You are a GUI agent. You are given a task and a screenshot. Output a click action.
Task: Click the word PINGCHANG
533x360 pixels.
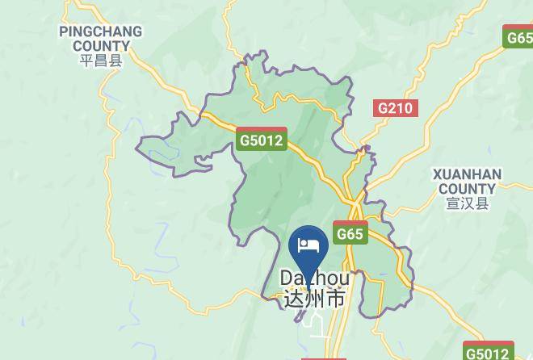pyautogui.click(x=101, y=32)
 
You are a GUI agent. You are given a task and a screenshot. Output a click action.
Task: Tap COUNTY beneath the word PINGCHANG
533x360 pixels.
pyautogui.click(x=101, y=46)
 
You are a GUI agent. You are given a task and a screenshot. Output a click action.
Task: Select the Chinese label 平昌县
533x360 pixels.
pyautogui.click(x=101, y=61)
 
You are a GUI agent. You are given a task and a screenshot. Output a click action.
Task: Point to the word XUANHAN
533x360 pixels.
pyautogui.click(x=467, y=174)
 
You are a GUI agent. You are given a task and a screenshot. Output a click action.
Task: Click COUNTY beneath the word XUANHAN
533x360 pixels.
pyautogui.click(x=467, y=189)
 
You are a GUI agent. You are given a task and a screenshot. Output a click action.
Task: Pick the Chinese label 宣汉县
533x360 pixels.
pyautogui.click(x=468, y=203)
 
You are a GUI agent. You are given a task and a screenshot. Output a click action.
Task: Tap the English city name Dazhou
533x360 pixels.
pyautogui.click(x=315, y=278)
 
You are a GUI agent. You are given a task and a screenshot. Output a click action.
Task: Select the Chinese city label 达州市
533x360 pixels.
pyautogui.click(x=315, y=298)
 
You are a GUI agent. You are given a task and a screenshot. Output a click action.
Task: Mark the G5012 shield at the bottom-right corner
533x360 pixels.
pyautogui.click(x=489, y=352)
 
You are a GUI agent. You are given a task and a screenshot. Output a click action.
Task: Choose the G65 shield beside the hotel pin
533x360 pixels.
pyautogui.click(x=350, y=233)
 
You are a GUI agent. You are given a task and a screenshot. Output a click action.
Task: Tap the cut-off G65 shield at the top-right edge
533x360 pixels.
pyautogui.click(x=518, y=36)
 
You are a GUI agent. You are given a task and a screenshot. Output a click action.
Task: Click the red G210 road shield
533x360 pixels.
pyautogui.click(x=396, y=108)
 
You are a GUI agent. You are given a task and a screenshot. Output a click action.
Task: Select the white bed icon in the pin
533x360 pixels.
pyautogui.click(x=308, y=245)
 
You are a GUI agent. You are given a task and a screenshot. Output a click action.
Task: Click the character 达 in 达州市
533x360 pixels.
pyautogui.click(x=294, y=298)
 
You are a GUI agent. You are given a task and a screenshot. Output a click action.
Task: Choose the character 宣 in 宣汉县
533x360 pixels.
pyautogui.click(x=453, y=203)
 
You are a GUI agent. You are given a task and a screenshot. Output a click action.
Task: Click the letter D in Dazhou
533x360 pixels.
pyautogui.click(x=287, y=278)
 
